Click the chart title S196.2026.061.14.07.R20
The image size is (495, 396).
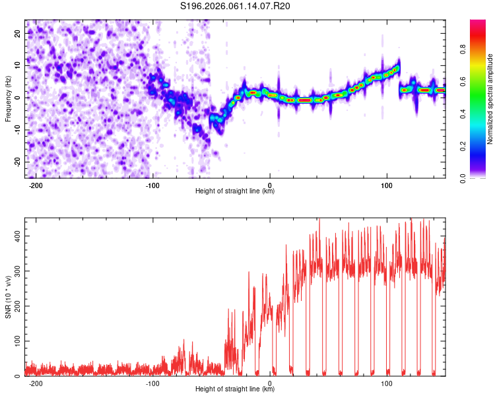236,7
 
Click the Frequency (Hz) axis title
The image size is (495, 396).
8,98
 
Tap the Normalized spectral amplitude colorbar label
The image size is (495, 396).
490,99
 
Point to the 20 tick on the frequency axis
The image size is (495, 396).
18,33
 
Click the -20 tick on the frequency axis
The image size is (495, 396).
16,162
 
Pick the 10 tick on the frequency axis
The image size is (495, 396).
18,65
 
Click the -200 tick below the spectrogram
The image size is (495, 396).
36,184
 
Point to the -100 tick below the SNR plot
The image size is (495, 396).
152,383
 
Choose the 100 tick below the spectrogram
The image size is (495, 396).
386,184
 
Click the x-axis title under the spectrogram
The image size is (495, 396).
236,191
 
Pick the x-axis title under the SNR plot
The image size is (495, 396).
236,389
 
